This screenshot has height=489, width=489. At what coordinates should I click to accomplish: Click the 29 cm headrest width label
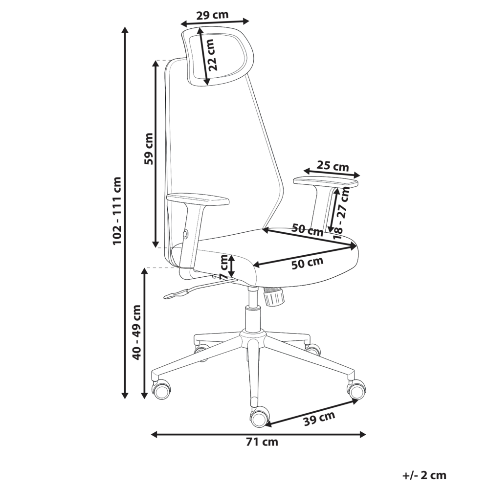click(x=212, y=15)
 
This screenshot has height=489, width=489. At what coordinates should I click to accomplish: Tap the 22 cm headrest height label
click(x=211, y=55)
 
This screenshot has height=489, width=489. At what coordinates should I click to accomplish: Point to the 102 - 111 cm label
click(x=117, y=211)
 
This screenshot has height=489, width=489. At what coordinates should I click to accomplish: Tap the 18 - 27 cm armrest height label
click(x=342, y=213)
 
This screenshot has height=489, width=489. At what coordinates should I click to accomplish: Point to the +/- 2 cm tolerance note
click(x=424, y=475)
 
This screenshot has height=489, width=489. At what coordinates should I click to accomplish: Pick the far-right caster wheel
click(x=356, y=389)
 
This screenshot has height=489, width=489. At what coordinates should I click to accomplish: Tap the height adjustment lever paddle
click(x=176, y=294)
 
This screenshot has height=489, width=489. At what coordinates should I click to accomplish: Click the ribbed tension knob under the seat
click(x=273, y=297)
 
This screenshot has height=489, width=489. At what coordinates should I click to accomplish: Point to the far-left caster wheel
click(x=161, y=390)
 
